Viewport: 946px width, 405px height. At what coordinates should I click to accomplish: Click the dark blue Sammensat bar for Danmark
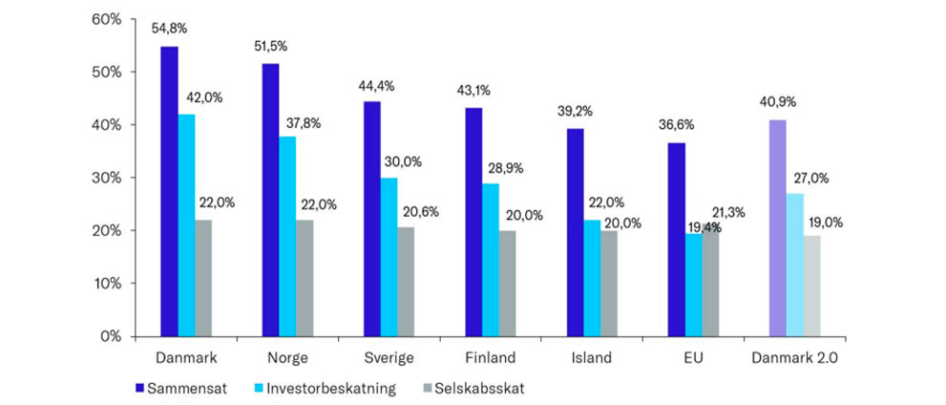(x=169, y=191)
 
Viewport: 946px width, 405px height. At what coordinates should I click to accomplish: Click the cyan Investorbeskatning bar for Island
(x=592, y=278)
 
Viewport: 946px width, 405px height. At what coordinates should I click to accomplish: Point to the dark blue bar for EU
(x=676, y=239)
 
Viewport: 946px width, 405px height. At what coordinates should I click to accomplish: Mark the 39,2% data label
(x=575, y=111)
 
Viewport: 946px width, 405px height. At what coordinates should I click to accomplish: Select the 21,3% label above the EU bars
(x=728, y=210)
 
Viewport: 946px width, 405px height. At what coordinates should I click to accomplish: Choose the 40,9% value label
(x=778, y=102)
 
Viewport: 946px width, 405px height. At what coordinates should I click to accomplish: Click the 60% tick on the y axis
(x=106, y=19)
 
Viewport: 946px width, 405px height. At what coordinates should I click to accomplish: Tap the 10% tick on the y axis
(x=106, y=284)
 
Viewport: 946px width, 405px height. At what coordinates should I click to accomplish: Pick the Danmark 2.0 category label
(x=796, y=358)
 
